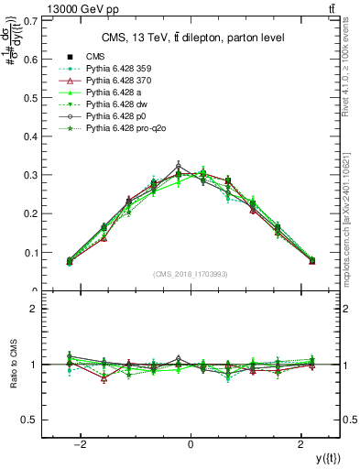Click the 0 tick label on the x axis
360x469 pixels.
(x=191, y=445)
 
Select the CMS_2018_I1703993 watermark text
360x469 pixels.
(x=191, y=274)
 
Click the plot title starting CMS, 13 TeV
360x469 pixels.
(x=191, y=38)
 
